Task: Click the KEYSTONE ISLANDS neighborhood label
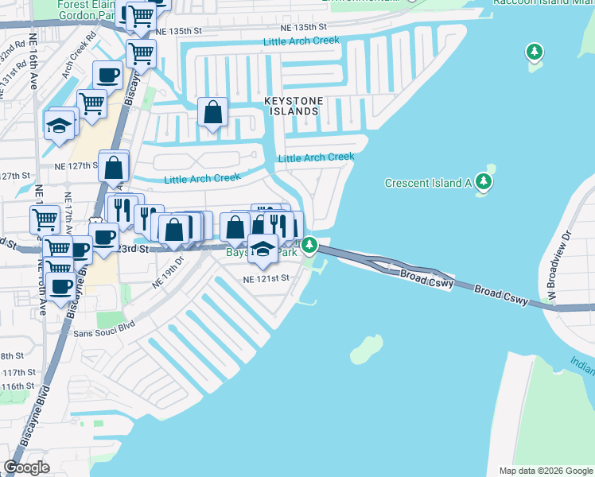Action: (291, 107)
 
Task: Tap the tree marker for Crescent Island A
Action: (484, 182)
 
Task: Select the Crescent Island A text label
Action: (428, 183)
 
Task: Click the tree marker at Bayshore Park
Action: (310, 245)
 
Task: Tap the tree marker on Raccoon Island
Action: (535, 53)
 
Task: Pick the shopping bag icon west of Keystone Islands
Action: (213, 113)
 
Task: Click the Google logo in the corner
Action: (28, 467)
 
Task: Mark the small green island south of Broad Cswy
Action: (366, 347)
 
